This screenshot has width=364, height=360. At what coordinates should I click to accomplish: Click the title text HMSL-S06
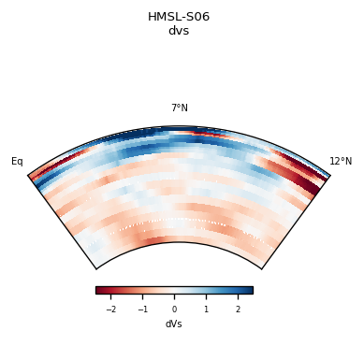(179, 17)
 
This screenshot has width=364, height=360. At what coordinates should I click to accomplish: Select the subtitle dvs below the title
(179, 31)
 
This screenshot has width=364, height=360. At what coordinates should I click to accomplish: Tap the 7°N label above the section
(179, 108)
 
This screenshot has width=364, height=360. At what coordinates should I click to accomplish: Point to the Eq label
(17, 162)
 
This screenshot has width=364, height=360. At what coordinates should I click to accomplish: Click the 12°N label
(341, 162)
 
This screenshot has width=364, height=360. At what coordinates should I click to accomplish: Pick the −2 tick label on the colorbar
(111, 310)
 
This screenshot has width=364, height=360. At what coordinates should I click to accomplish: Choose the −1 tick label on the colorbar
(143, 310)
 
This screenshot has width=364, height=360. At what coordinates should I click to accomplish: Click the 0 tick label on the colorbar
(174, 310)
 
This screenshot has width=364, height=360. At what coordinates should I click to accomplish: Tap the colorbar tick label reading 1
(206, 310)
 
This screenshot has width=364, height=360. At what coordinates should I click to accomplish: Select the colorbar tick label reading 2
(238, 310)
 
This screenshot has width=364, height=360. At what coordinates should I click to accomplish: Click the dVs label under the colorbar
(174, 324)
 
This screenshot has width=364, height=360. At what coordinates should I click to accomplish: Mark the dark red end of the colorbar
(99, 290)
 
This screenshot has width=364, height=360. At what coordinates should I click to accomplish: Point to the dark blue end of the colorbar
(249, 290)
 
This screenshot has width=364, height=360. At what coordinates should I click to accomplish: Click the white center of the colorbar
(174, 290)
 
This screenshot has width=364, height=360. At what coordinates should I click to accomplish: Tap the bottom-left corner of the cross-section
(96, 269)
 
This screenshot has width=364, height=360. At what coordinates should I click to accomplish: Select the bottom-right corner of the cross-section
(261, 269)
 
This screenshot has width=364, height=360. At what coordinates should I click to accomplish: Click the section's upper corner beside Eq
(29, 175)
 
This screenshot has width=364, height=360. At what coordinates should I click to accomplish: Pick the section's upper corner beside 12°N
(329, 175)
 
